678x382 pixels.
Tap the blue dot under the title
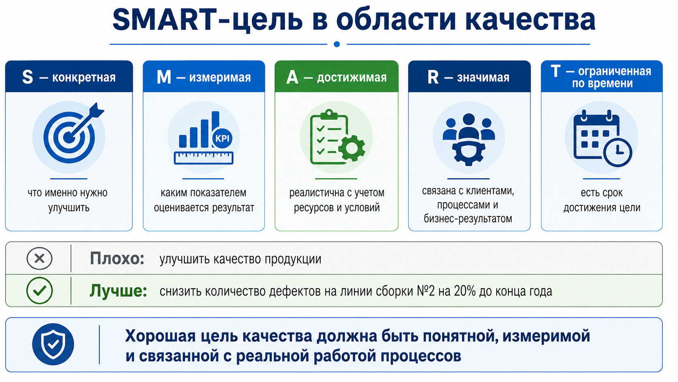tap(337, 44)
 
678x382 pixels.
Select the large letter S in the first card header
tap(28, 77)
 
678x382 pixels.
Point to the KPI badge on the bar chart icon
tap(222, 138)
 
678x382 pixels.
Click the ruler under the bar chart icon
tap(204, 158)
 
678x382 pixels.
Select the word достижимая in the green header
tap(352, 78)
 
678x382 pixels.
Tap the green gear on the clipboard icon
tap(352, 148)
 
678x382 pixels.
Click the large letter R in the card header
tap(433, 77)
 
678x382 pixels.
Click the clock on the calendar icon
tap(618, 152)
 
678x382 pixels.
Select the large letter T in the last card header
tap(556, 71)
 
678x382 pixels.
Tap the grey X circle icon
tap(39, 259)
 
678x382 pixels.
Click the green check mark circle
tap(39, 291)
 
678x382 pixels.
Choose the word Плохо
tap(117, 259)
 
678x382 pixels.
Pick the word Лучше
tap(118, 291)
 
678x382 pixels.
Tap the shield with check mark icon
tap(53, 344)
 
